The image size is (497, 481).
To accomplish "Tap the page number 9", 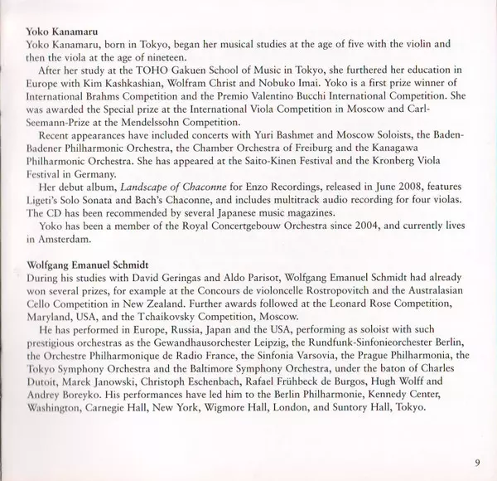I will (478, 463).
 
